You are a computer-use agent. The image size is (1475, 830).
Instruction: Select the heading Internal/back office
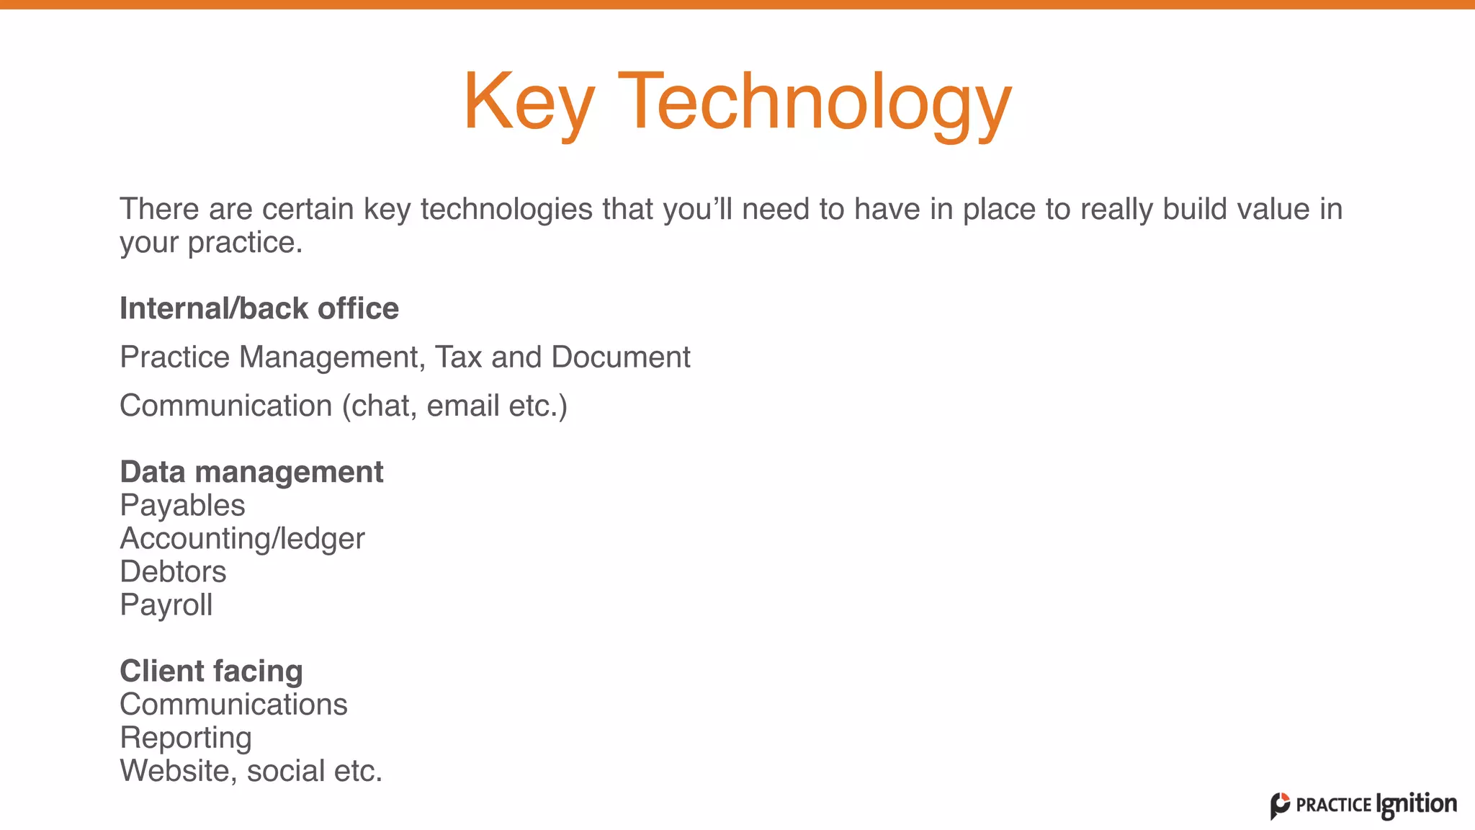tap(259, 308)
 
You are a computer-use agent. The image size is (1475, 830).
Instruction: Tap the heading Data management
tap(251, 472)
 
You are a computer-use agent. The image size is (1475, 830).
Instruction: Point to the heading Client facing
tap(211, 671)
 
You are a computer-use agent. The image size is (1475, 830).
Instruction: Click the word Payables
tap(182, 505)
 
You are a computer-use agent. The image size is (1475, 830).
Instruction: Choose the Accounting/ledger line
tap(242, 539)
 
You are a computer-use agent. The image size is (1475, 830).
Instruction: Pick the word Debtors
tap(173, 572)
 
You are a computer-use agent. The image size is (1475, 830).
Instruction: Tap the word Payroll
tap(166, 605)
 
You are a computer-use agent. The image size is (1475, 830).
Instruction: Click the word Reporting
tap(186, 738)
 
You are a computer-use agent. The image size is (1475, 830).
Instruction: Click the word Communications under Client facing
tap(233, 705)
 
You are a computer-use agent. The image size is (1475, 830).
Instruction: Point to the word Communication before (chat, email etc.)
tap(225, 406)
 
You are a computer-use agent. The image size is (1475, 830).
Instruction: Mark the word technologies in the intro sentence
tap(507, 209)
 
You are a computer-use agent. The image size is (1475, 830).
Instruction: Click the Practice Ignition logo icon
tap(1280, 806)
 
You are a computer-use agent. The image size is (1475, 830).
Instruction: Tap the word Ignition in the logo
tap(1416, 805)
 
